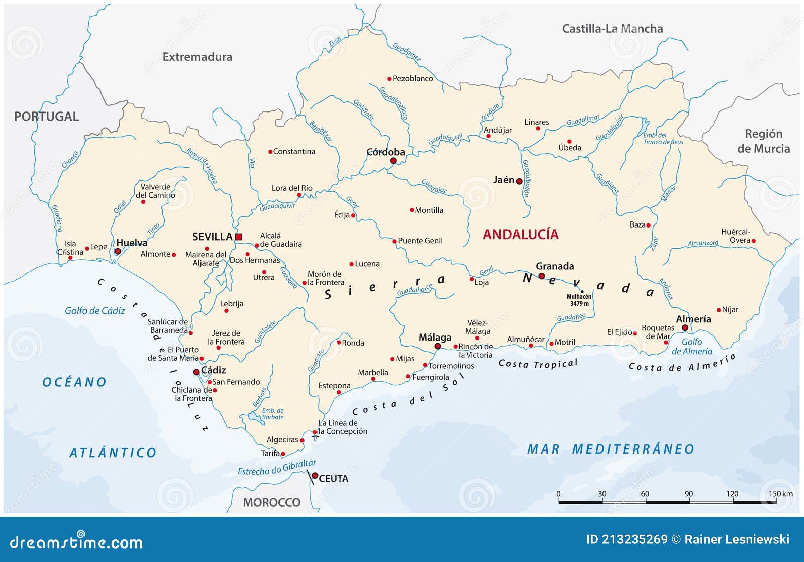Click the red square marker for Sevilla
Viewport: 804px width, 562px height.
[x=239, y=237]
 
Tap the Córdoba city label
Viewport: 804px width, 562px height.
[x=385, y=152]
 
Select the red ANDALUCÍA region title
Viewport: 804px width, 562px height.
[x=521, y=234]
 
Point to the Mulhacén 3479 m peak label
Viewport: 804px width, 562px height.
[x=579, y=300]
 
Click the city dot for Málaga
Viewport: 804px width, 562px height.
[x=437, y=347]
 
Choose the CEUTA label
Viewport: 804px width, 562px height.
[x=333, y=479]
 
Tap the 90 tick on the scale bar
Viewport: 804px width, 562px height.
[x=688, y=494]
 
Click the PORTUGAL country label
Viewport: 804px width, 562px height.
[x=46, y=117]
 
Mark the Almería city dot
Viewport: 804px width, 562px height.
[x=685, y=328]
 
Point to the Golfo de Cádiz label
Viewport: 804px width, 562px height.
[x=94, y=311]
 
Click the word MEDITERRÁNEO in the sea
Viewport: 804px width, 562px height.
[x=633, y=449]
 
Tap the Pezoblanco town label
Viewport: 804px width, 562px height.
[x=413, y=79]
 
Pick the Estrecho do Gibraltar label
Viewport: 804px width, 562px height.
[x=276, y=468]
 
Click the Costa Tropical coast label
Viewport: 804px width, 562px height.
[x=538, y=363]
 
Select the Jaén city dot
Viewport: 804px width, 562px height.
[x=519, y=181]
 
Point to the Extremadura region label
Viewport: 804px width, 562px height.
[x=197, y=57]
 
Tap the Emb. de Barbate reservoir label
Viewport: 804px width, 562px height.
[x=273, y=414]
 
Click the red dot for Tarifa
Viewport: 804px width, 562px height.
[x=283, y=454]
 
